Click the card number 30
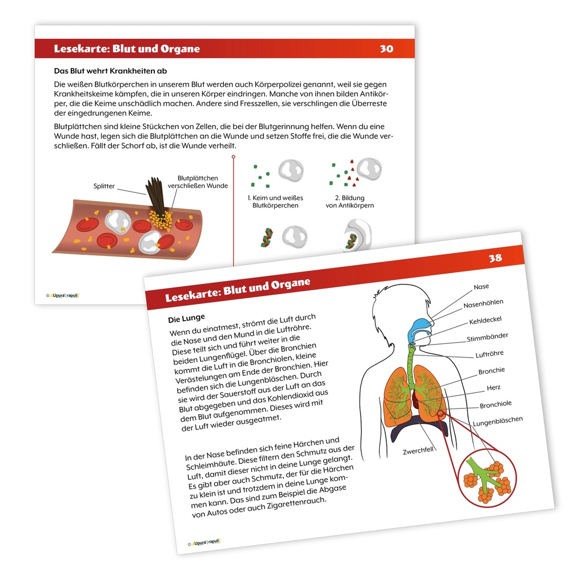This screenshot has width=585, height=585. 387,49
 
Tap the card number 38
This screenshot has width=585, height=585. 495,258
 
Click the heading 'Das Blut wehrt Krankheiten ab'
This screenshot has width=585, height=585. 110,71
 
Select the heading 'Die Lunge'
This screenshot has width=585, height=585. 187,318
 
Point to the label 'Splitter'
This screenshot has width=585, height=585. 104,186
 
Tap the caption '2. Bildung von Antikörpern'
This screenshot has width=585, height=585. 350,202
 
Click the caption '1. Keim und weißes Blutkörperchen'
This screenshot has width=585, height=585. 275,202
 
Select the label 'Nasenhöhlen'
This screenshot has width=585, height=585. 483,304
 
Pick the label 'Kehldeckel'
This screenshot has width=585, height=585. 486,320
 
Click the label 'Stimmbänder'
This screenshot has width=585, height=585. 487,337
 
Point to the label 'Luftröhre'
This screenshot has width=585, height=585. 490,354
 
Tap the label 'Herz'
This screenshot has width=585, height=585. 494,388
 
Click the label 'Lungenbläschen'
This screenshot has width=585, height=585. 498,421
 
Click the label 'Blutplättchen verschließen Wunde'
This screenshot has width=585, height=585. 198,182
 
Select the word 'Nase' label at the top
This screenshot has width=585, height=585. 481,287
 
